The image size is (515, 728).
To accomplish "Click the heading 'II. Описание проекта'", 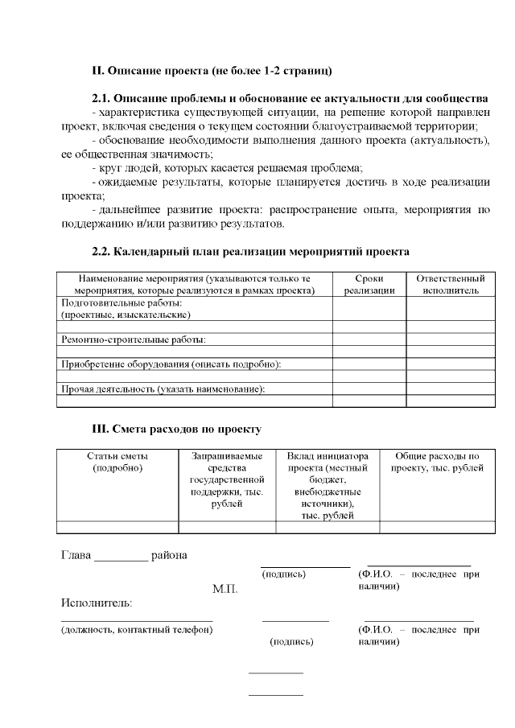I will pos(212,71).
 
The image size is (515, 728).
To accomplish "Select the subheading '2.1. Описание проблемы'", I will pos(290,98).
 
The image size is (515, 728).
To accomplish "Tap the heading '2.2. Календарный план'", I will pos(250,252).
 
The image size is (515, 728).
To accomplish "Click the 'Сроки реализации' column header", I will pos(369,284).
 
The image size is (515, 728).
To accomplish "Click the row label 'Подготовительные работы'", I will pos(122,309).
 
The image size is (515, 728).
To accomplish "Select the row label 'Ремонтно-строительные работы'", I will pos(134,339).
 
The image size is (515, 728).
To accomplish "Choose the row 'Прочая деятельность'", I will pos(163,389).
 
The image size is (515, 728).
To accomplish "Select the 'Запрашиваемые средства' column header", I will pos(227,479).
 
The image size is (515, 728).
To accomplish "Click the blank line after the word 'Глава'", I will pos(122,557).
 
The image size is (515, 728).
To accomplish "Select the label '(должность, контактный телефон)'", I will pos(137,629).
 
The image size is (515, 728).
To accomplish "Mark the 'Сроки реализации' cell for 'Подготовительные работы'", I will pos(369,309).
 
